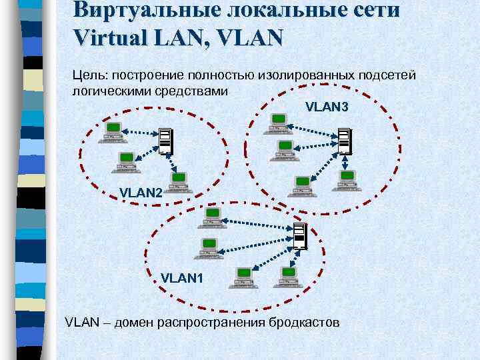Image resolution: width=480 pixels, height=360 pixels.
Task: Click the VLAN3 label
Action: pyautogui.click(x=327, y=107)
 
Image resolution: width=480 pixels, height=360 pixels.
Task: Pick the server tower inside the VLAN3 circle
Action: pyautogui.click(x=343, y=141)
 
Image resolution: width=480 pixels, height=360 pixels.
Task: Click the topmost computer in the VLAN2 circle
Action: pyautogui.click(x=111, y=131)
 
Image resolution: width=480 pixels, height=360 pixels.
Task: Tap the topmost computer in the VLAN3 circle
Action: pyautogui.click(x=278, y=123)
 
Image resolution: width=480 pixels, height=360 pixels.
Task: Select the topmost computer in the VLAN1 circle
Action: pyautogui.click(x=211, y=215)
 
